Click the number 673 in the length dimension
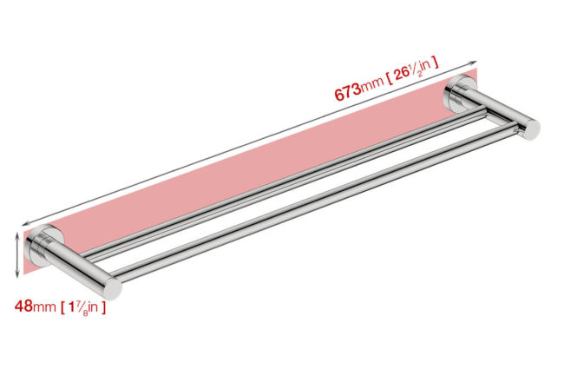pos(347,91)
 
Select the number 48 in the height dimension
pos(23,307)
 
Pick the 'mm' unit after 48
pos(44,307)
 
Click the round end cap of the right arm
pos(531,129)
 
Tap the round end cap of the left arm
pos(113,288)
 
